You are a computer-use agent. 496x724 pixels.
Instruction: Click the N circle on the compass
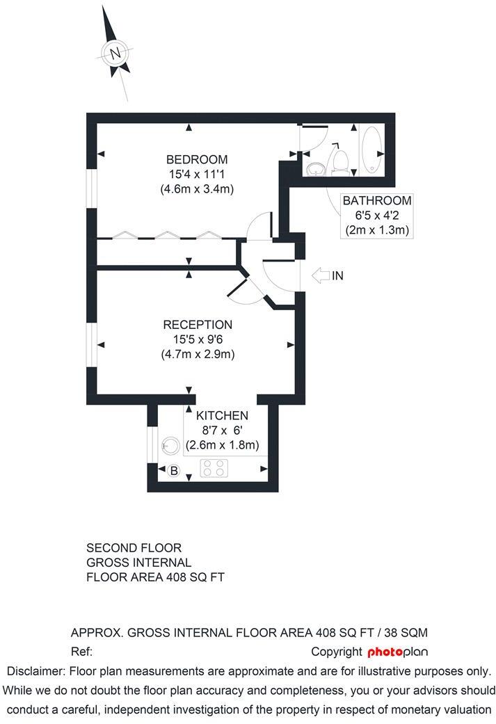click(115, 52)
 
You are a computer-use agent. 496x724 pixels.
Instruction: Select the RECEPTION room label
click(198, 325)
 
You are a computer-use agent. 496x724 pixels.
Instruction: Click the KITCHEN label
click(222, 416)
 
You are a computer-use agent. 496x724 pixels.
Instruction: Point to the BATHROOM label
click(376, 201)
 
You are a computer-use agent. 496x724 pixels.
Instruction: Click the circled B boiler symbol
click(174, 471)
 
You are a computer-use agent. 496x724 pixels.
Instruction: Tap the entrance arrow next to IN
click(319, 276)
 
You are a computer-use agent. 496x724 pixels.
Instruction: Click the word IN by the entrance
click(338, 276)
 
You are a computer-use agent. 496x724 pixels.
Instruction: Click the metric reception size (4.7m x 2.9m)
click(198, 354)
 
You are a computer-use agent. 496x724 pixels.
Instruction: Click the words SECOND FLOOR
click(134, 548)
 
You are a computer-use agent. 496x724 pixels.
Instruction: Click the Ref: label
click(82, 652)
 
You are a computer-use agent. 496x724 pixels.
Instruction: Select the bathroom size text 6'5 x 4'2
click(376, 216)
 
